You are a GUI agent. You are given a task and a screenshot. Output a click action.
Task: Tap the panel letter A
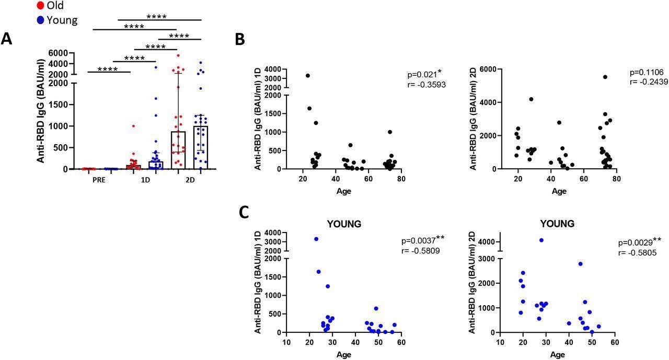(x=7, y=39)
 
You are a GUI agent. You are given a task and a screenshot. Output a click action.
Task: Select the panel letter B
(x=239, y=40)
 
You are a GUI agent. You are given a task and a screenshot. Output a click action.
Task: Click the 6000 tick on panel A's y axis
(x=60, y=53)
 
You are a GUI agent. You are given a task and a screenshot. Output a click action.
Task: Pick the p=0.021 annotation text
(x=422, y=74)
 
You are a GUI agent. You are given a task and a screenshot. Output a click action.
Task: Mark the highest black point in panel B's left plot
(x=308, y=76)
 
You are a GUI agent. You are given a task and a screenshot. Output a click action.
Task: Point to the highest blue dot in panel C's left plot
(x=316, y=239)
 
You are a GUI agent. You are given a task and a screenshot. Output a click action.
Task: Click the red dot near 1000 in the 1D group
(x=133, y=126)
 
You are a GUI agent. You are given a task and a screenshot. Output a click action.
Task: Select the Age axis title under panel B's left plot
(x=343, y=191)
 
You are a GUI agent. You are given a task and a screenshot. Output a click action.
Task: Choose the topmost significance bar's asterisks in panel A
(x=156, y=16)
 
